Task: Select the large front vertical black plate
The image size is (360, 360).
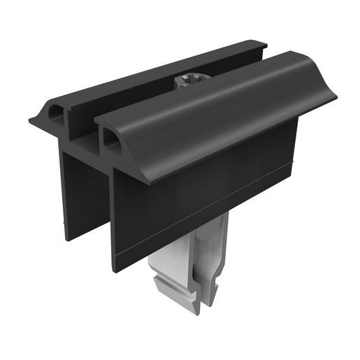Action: pyautogui.click(x=203, y=196)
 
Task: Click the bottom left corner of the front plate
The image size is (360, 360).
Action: pyautogui.click(x=114, y=270)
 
